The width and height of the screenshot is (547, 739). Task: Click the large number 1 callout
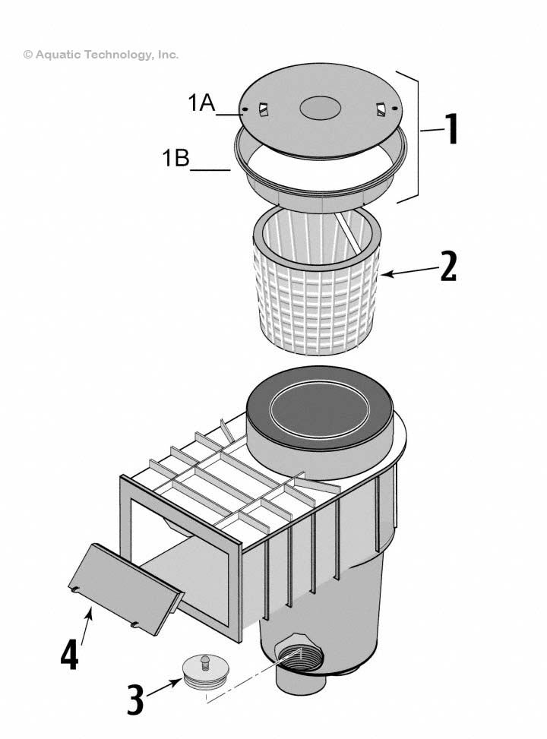point(451,130)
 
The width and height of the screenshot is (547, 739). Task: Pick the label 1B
point(175,159)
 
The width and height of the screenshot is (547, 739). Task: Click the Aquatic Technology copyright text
point(101,55)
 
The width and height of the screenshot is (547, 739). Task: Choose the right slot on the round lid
point(379,110)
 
